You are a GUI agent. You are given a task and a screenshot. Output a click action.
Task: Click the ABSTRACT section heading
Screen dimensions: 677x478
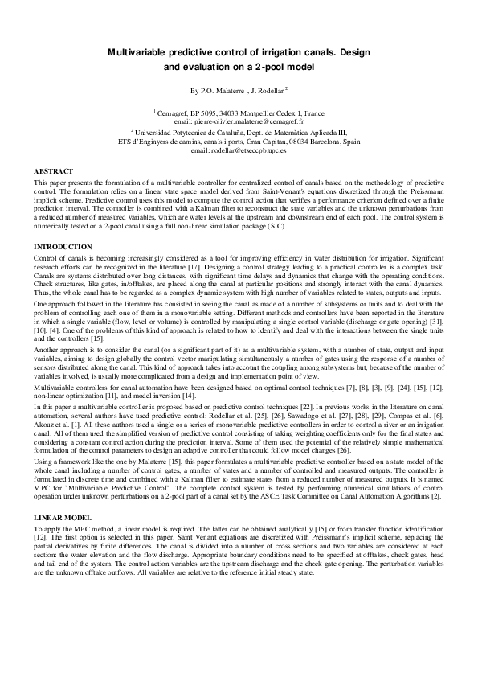53,171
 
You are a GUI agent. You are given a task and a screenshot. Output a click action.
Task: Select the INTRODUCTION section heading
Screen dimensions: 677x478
63,246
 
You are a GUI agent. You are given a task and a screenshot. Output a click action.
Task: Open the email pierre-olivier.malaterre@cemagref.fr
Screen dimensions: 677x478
241,121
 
